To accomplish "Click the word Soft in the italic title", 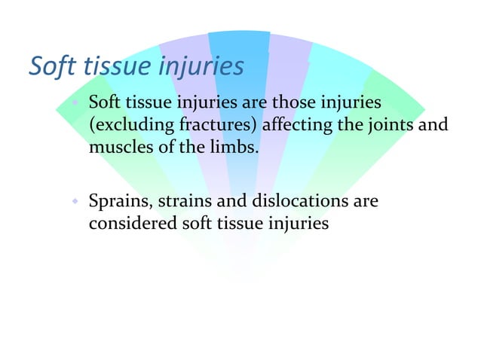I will coord(52,66).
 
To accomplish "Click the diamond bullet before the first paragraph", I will coord(75,101).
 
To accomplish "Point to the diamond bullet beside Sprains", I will coord(75,202).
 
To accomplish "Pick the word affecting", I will coord(297,124).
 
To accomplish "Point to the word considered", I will coord(129,224).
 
